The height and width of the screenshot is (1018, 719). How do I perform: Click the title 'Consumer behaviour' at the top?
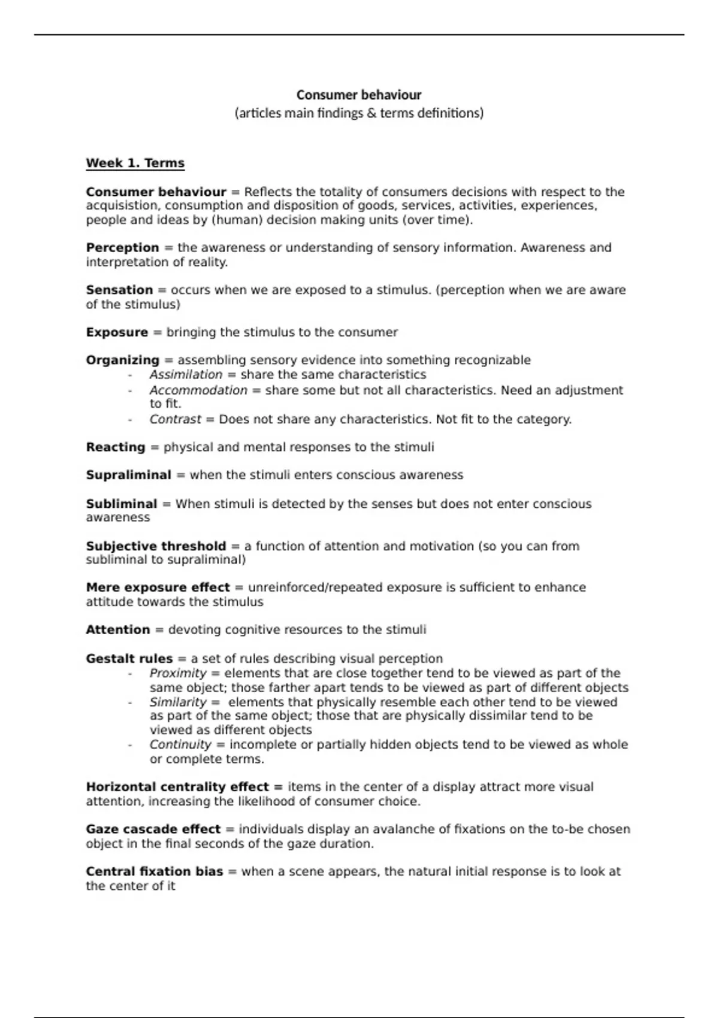[x=359, y=95]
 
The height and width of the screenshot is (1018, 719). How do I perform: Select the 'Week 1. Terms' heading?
[x=135, y=163]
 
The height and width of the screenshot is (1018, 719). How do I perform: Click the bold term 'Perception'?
[x=122, y=248]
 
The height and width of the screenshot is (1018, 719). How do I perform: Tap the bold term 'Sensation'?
[x=119, y=290]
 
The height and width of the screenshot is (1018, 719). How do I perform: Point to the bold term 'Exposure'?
[x=117, y=332]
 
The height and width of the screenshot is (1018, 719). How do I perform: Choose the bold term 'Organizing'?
[x=122, y=360]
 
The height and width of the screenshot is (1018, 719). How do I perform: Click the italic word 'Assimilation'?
[x=186, y=375]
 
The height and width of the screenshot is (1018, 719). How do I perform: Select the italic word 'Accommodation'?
[x=198, y=390]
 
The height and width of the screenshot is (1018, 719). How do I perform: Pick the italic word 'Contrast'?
[x=175, y=419]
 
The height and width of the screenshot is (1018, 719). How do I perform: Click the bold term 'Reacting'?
[x=116, y=447]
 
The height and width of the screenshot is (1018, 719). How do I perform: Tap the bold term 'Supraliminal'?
[x=128, y=475]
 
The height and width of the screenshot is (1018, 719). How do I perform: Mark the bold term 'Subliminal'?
[x=121, y=504]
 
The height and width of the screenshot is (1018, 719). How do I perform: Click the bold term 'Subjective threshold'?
[x=156, y=546]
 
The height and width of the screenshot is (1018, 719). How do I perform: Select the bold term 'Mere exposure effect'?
[x=158, y=587]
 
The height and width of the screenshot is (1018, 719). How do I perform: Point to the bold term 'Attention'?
[x=117, y=630]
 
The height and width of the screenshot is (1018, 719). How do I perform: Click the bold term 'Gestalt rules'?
[x=129, y=659]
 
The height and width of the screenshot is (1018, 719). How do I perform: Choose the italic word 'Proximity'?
[x=177, y=673]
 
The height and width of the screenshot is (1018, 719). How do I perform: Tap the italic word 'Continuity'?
[x=180, y=744]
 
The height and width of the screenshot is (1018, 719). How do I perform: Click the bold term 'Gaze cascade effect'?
[x=153, y=829]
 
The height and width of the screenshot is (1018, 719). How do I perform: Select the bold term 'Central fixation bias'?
[x=154, y=872]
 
